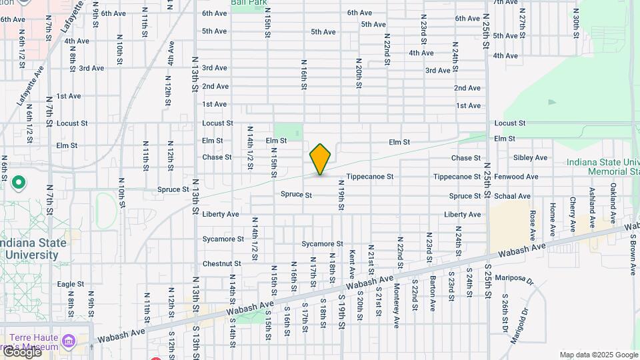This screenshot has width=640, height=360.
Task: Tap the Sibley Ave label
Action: pos(531,158)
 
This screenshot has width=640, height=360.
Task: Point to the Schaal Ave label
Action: pos(513,196)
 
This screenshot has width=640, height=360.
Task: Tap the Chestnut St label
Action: pos(222,264)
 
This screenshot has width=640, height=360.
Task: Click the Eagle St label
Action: pos(70,284)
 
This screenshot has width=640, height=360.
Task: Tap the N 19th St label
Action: pos(341,199)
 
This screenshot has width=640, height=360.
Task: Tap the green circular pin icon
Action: pos(19,182)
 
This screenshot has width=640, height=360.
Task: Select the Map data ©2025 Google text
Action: pos(598,355)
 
